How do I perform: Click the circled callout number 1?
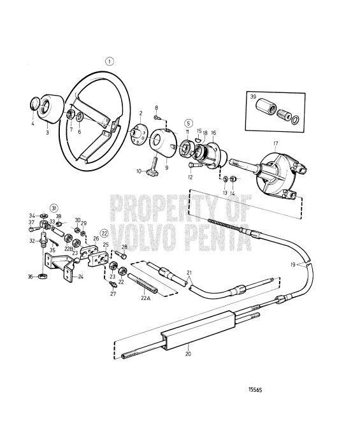click(110, 62)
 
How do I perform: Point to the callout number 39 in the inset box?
click(254, 97)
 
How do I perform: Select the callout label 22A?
click(145, 298)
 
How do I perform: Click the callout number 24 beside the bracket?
click(81, 277)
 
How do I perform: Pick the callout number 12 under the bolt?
click(190, 178)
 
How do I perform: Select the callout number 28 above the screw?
click(125, 247)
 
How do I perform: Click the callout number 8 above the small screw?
click(156, 108)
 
